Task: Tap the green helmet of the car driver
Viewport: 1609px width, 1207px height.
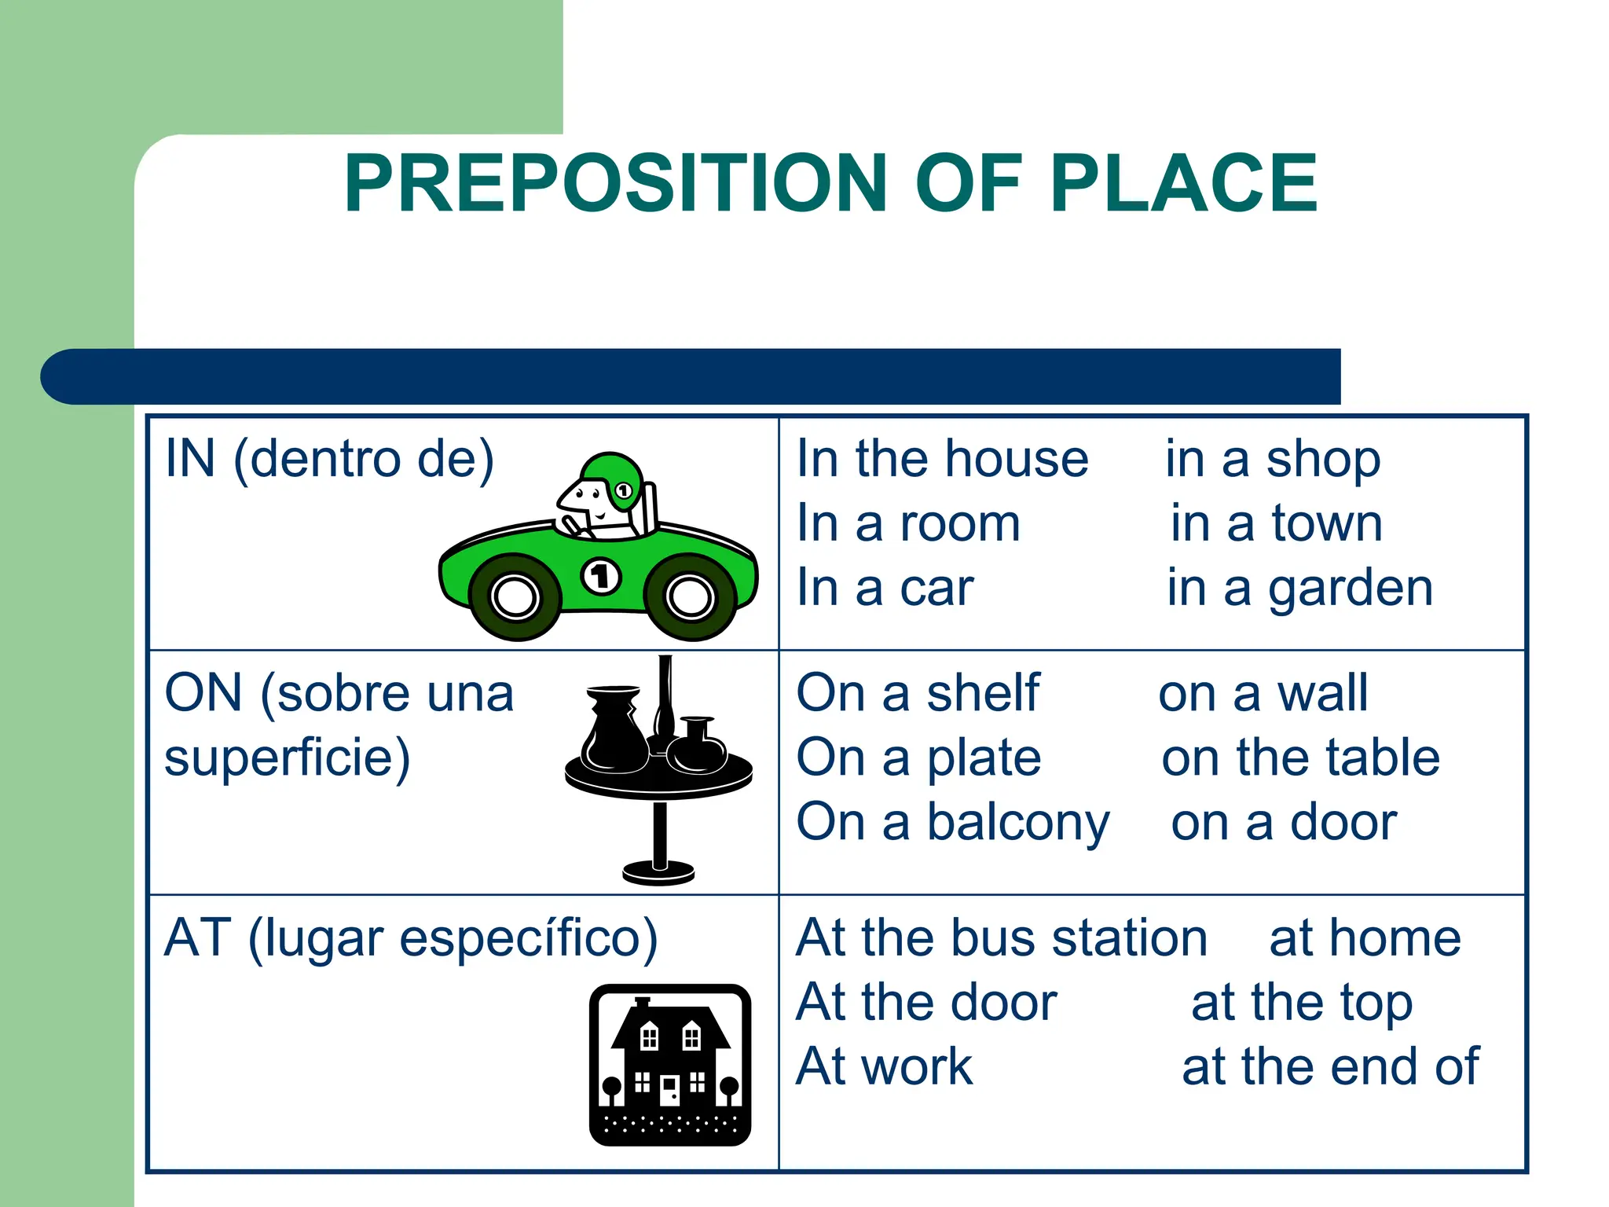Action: (612, 476)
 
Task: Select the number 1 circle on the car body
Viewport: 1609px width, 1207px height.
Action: (601, 576)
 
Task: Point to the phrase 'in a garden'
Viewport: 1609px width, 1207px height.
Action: (1299, 589)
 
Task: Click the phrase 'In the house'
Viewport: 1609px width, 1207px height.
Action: (942, 459)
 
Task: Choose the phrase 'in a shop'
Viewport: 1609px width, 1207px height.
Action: (1272, 459)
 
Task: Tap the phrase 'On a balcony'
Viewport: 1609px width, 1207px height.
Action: (952, 823)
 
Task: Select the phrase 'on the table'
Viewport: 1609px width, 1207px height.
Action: (1300, 758)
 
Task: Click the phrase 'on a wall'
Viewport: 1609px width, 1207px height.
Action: (1263, 694)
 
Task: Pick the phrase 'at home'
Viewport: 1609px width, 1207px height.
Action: (1365, 938)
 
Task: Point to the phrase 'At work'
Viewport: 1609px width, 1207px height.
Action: (884, 1067)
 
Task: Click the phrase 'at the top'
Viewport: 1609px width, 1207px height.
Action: (1302, 1003)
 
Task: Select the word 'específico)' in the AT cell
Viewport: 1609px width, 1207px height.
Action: (528, 938)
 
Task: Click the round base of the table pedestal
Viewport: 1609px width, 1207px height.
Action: (658, 872)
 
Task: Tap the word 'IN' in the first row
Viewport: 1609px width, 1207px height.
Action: (190, 459)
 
